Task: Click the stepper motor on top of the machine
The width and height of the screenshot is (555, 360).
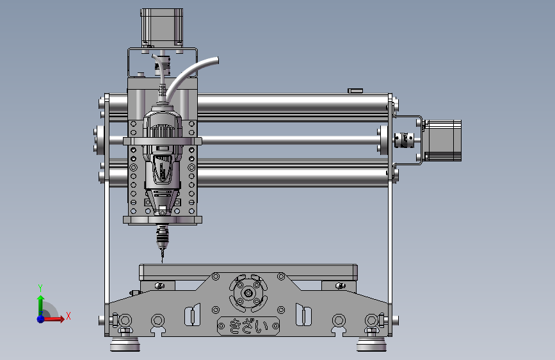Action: coord(162,28)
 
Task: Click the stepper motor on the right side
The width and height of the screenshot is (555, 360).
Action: coord(442,141)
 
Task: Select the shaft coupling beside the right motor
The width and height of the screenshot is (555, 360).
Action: coord(404,140)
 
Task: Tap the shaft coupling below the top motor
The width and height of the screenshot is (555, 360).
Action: coord(163,65)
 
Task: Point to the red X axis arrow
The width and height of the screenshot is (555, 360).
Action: coord(53,319)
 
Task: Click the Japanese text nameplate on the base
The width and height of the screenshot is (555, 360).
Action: coord(248,325)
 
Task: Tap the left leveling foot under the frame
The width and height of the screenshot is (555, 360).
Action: coord(125,344)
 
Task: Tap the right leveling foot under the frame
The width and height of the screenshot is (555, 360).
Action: coord(371,344)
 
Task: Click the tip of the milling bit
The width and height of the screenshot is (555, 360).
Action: coord(162,263)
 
